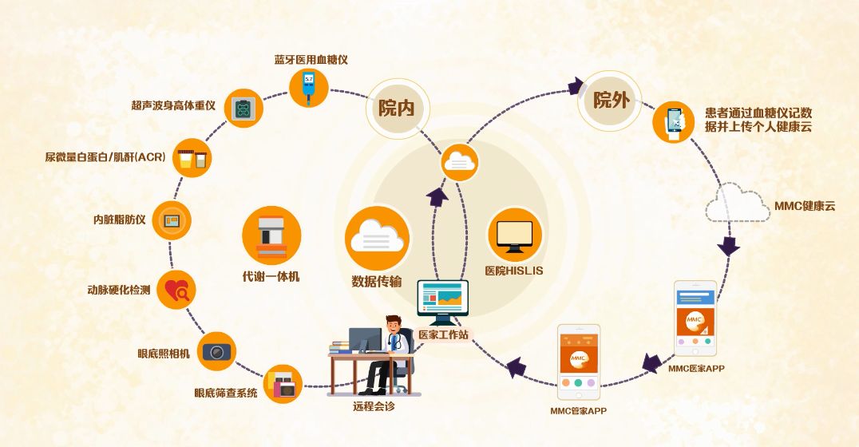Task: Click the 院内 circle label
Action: click(x=397, y=109)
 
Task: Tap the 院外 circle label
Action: click(x=611, y=101)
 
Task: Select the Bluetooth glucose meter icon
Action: click(x=309, y=87)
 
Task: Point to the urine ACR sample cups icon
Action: click(x=194, y=156)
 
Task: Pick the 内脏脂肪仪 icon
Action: click(x=172, y=220)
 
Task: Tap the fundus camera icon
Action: click(x=216, y=350)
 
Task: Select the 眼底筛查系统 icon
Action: click(x=283, y=384)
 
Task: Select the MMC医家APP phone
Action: click(x=695, y=319)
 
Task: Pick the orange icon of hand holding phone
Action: click(x=673, y=121)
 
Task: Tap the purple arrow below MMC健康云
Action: click(x=728, y=245)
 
